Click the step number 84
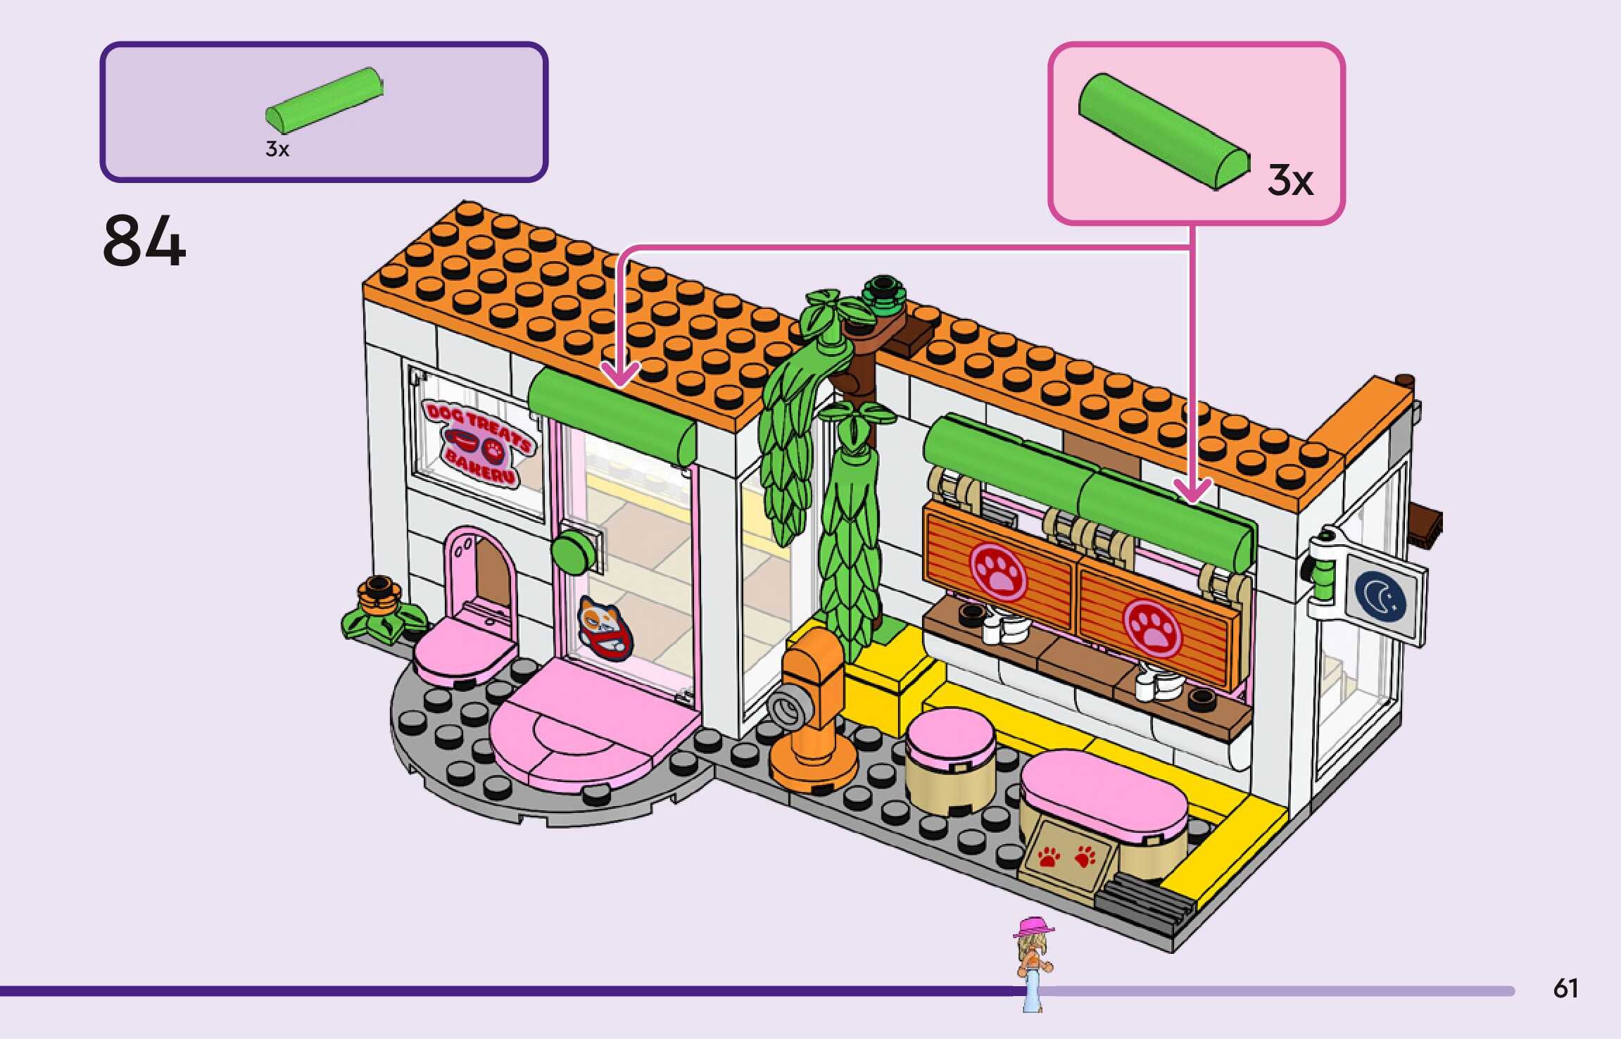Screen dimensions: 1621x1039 144,241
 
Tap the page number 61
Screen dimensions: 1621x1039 1565,988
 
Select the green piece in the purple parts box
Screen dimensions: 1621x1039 324,100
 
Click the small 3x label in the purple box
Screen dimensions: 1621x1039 277,149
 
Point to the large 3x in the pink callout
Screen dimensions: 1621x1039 1290,181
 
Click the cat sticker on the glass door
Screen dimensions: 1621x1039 604,626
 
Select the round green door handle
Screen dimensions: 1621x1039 574,553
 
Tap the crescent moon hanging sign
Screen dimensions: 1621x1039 1381,596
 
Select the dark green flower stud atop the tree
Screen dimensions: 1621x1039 885,291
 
